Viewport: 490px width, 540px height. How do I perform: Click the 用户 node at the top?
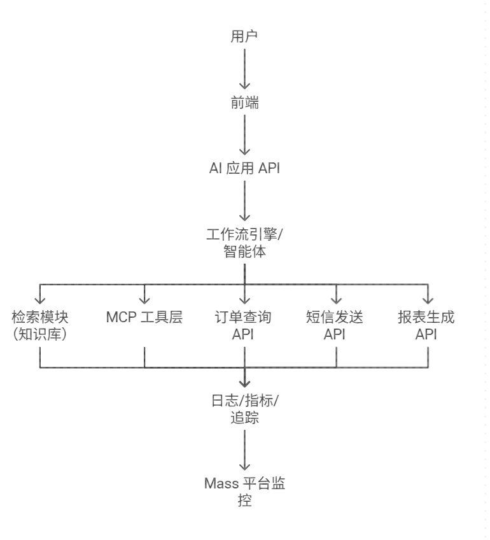pyautogui.click(x=244, y=36)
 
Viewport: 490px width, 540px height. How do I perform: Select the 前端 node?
pyautogui.click(x=244, y=103)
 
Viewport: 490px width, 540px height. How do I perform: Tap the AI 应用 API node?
pyautogui.click(x=244, y=169)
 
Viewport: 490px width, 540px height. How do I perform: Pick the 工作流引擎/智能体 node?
pyautogui.click(x=244, y=243)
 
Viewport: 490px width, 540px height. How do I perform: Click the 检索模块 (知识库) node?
pyautogui.click(x=40, y=325)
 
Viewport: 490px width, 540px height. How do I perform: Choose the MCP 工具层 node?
pyautogui.click(x=144, y=317)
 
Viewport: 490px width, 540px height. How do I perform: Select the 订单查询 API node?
pyautogui.click(x=244, y=325)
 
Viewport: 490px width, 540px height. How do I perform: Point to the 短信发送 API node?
pyautogui.click(x=336, y=325)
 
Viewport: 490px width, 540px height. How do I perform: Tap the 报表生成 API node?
pyautogui.click(x=427, y=325)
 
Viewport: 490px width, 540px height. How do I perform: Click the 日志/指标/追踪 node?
pyautogui.click(x=244, y=409)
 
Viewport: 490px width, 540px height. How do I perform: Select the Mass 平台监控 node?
pyautogui.click(x=244, y=492)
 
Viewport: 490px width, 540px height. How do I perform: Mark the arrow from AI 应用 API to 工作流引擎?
pyautogui.click(x=244, y=201)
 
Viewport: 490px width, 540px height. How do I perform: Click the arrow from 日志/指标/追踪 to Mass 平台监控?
pyautogui.click(x=244, y=451)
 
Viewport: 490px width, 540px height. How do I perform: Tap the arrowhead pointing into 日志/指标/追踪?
pyautogui.click(x=244, y=383)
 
